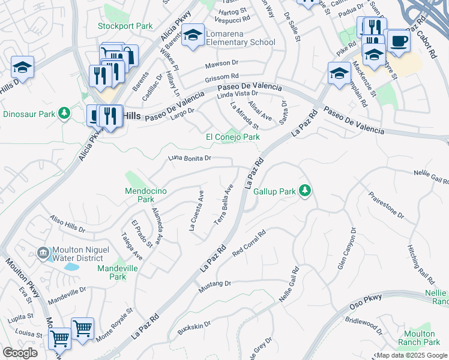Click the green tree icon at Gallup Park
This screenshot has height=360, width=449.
point(306,191)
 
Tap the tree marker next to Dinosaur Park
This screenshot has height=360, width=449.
point(64,114)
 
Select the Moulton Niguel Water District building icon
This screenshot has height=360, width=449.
point(43,254)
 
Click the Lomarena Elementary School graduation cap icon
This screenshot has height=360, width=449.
point(193,36)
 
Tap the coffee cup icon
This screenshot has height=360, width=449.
point(399,41)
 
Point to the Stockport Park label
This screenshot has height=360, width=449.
point(125,26)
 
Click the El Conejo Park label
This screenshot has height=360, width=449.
point(233,137)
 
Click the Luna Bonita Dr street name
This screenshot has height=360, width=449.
point(190,158)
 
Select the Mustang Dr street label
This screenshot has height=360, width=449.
point(215,286)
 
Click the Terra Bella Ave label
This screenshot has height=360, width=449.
point(224,205)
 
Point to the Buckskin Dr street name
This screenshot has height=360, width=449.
point(194,328)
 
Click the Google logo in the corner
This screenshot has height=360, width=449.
point(20,353)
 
